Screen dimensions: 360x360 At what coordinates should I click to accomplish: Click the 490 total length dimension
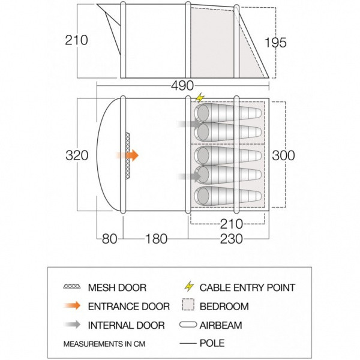[182, 86]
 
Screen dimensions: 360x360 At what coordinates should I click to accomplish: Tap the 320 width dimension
[77, 155]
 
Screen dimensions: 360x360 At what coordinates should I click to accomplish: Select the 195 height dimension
[275, 43]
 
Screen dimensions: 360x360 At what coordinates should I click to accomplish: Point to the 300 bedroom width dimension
[283, 155]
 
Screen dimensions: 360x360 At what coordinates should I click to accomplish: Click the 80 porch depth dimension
[110, 239]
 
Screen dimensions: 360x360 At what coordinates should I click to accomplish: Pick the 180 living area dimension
[156, 239]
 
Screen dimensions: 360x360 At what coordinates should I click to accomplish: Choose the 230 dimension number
[232, 239]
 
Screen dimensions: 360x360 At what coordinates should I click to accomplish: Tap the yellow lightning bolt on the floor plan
[200, 98]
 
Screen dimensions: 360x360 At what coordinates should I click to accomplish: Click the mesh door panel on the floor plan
[127, 155]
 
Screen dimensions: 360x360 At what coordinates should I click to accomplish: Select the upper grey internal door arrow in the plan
[190, 124]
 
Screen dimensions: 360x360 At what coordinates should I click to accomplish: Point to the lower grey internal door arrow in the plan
[190, 176]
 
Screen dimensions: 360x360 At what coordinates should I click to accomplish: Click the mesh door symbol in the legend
[72, 286]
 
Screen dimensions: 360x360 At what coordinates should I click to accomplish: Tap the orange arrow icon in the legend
[73, 305]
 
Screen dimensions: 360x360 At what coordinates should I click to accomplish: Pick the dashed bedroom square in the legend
[188, 305]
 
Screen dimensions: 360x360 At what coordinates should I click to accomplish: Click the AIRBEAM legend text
[221, 325]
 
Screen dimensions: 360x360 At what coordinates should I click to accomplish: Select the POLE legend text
[212, 343]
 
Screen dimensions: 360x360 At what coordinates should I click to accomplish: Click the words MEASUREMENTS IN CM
[104, 344]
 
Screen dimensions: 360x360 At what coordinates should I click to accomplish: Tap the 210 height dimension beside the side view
[76, 40]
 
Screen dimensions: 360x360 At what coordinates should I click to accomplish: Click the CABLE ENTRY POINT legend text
[247, 287]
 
